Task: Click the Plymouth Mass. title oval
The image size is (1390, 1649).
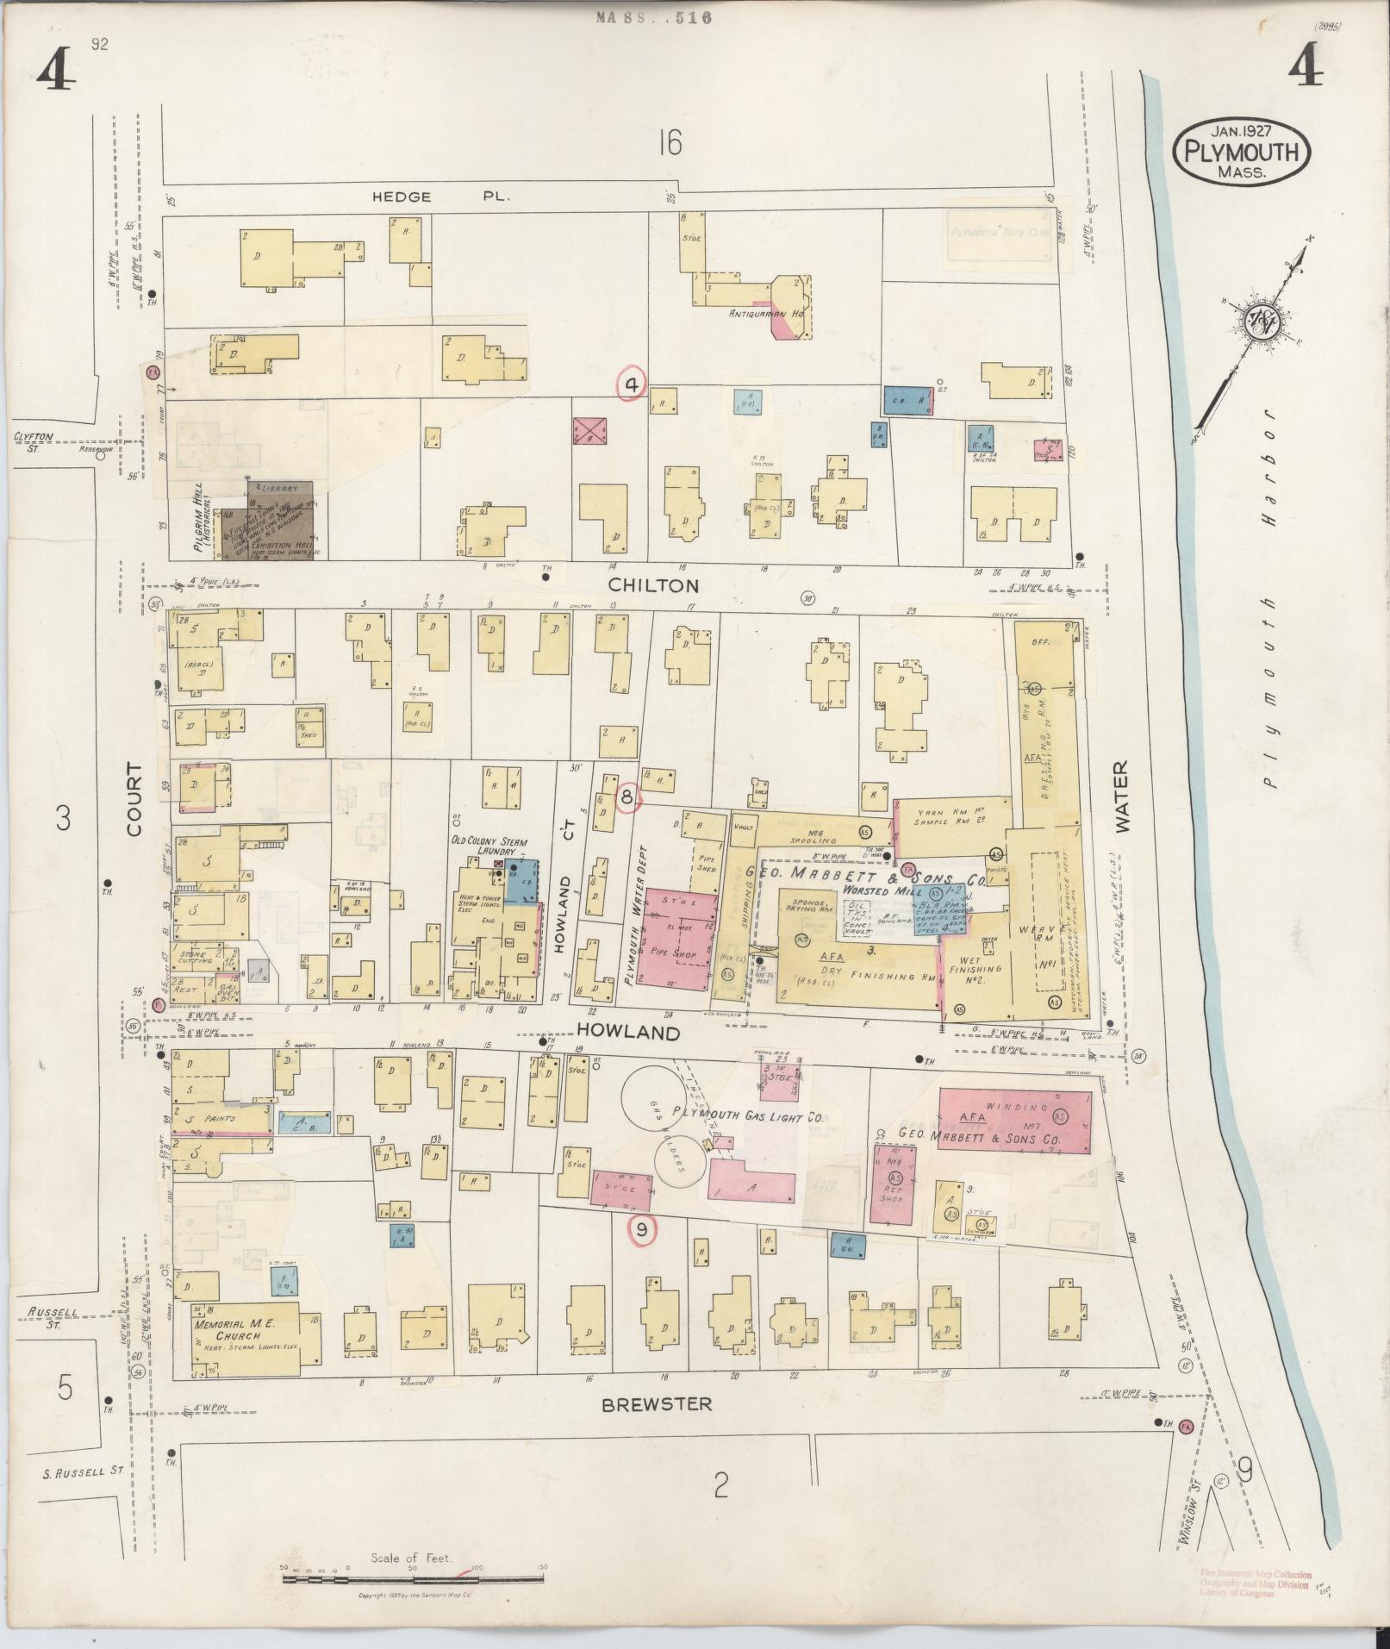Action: [x=1241, y=151]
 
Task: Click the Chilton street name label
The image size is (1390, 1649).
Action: [x=652, y=585]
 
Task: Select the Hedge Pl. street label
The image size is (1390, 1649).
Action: [x=441, y=197]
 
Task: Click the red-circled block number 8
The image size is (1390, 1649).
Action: [x=627, y=799]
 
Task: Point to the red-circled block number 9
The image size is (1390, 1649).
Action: [x=640, y=1231]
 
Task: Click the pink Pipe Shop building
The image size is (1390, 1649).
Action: [x=681, y=941]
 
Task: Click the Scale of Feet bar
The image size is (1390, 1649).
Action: [x=414, y=1580]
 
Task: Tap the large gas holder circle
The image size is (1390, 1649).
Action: [x=656, y=1101]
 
